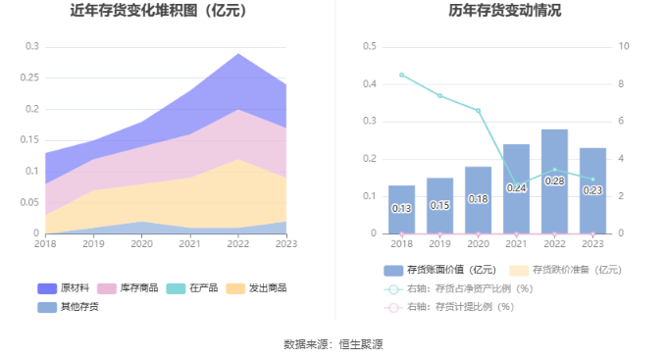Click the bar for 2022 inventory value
[554, 181]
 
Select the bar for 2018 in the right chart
[401, 210]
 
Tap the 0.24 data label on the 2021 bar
[516, 188]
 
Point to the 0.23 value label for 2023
[592, 190]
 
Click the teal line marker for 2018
[401, 75]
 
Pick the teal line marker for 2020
[478, 111]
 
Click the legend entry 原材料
[64, 288]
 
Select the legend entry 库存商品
[128, 288]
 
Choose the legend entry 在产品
[192, 288]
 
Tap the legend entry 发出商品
[256, 288]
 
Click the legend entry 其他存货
[68, 307]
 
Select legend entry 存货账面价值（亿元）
[439, 270]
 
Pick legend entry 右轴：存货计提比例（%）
[449, 307]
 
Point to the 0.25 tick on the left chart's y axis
[29, 77]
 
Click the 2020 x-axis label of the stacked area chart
[141, 244]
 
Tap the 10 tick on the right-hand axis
[624, 46]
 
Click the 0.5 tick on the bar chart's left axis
[370, 46]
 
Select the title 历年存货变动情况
[505, 11]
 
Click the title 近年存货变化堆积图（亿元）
[158, 11]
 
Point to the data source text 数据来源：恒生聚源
[333, 344]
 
